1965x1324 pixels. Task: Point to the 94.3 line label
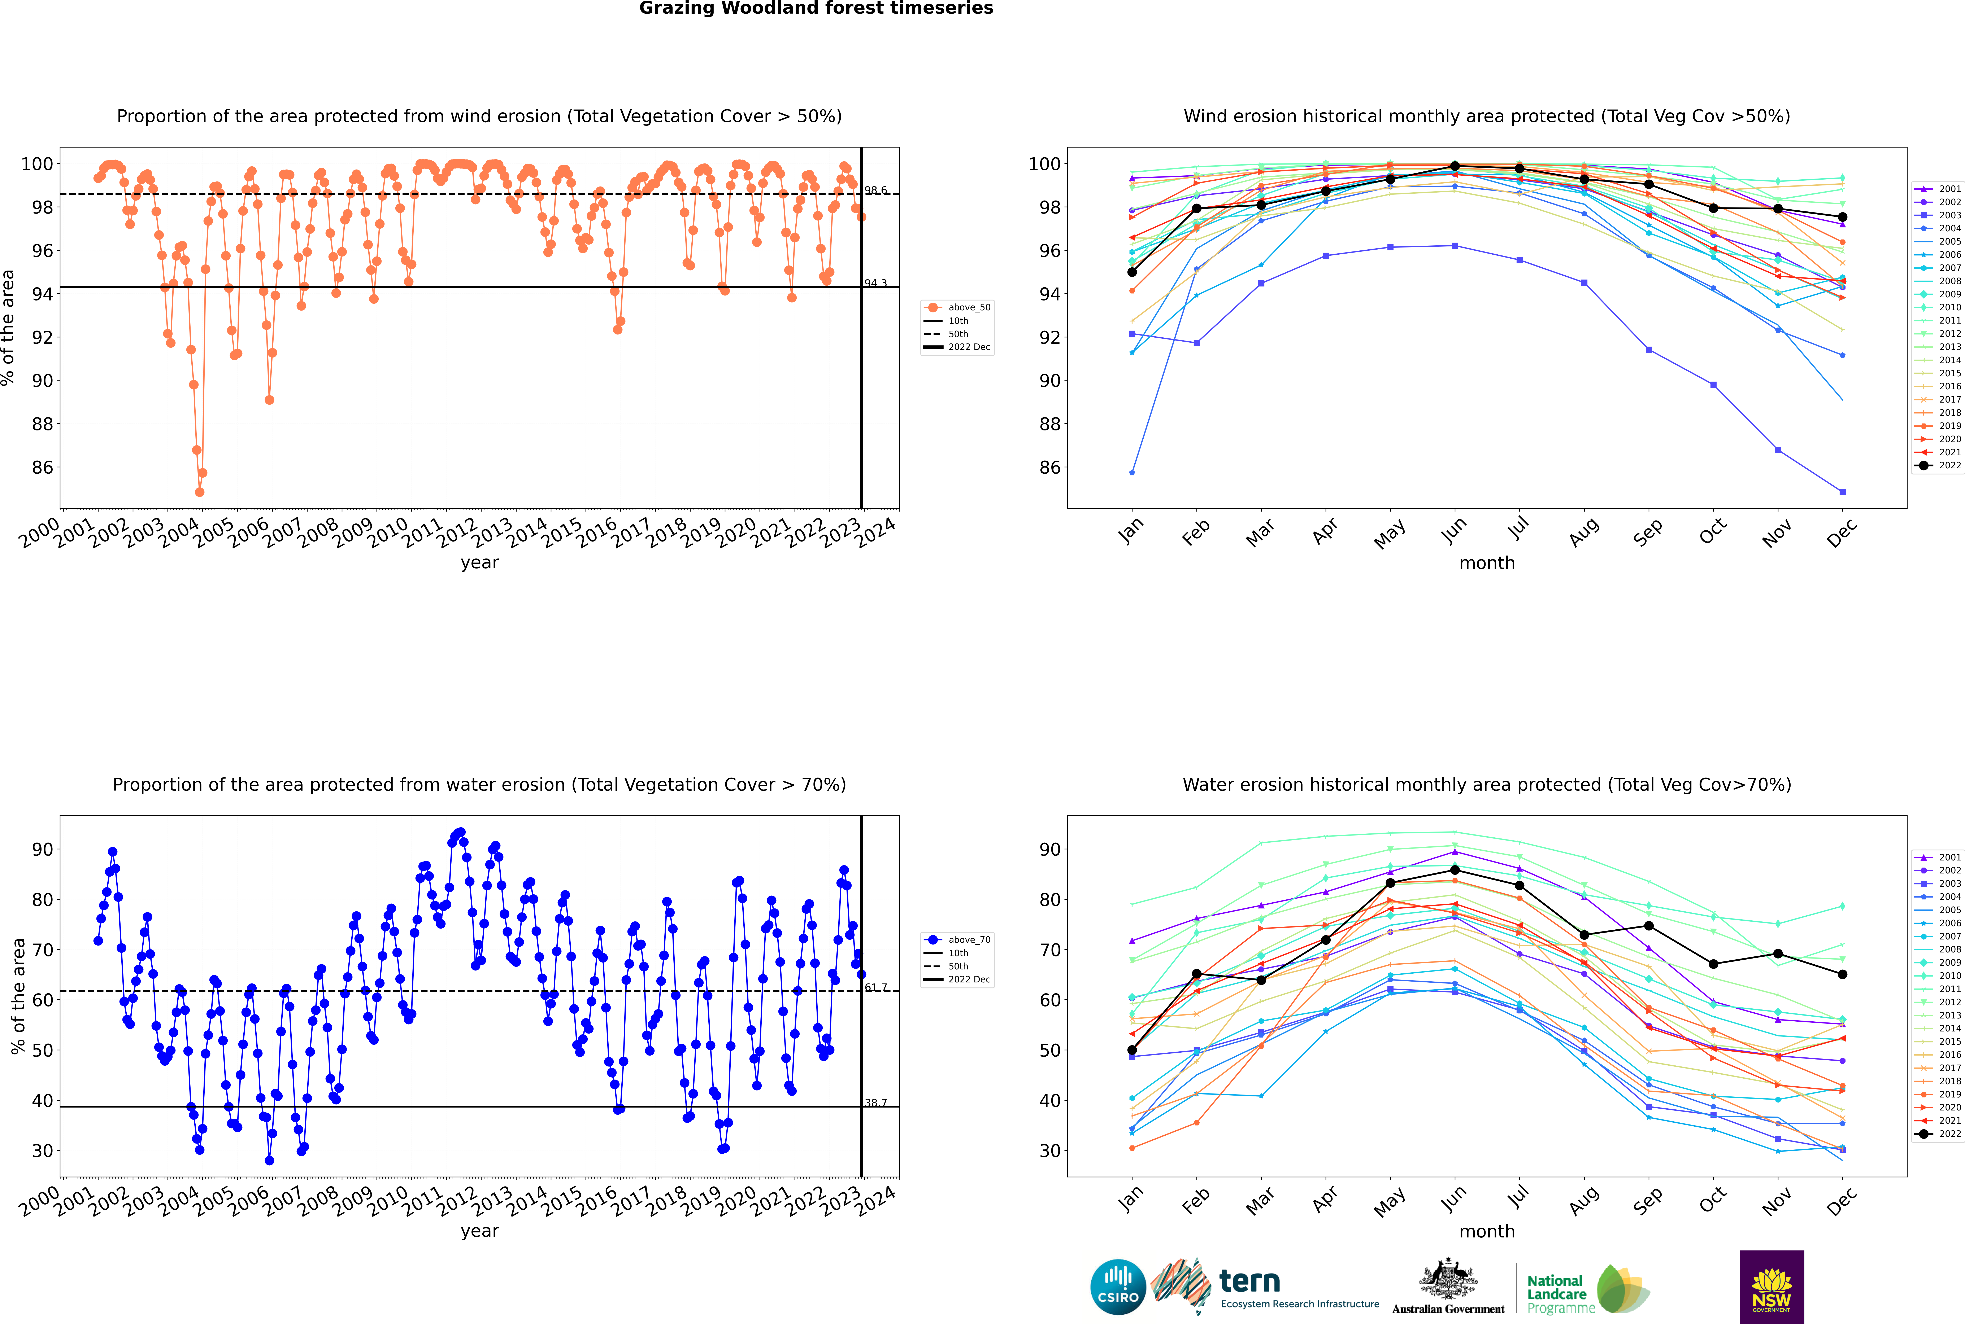coord(875,284)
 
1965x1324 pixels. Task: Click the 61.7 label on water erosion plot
coord(875,987)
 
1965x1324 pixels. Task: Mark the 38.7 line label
coord(875,1103)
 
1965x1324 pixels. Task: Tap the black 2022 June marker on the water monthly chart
coord(1455,870)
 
